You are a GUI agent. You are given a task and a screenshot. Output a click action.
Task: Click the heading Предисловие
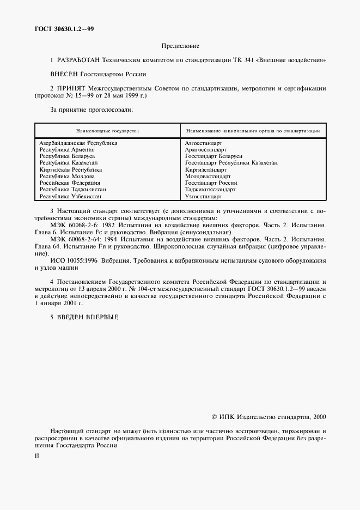(180, 46)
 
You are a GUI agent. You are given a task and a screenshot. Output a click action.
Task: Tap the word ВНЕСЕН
(64, 72)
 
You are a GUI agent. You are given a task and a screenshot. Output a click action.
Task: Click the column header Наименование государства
(107, 131)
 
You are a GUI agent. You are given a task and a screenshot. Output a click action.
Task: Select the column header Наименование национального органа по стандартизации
(253, 131)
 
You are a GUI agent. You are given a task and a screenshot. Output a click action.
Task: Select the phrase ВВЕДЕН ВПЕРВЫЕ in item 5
(88, 317)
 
